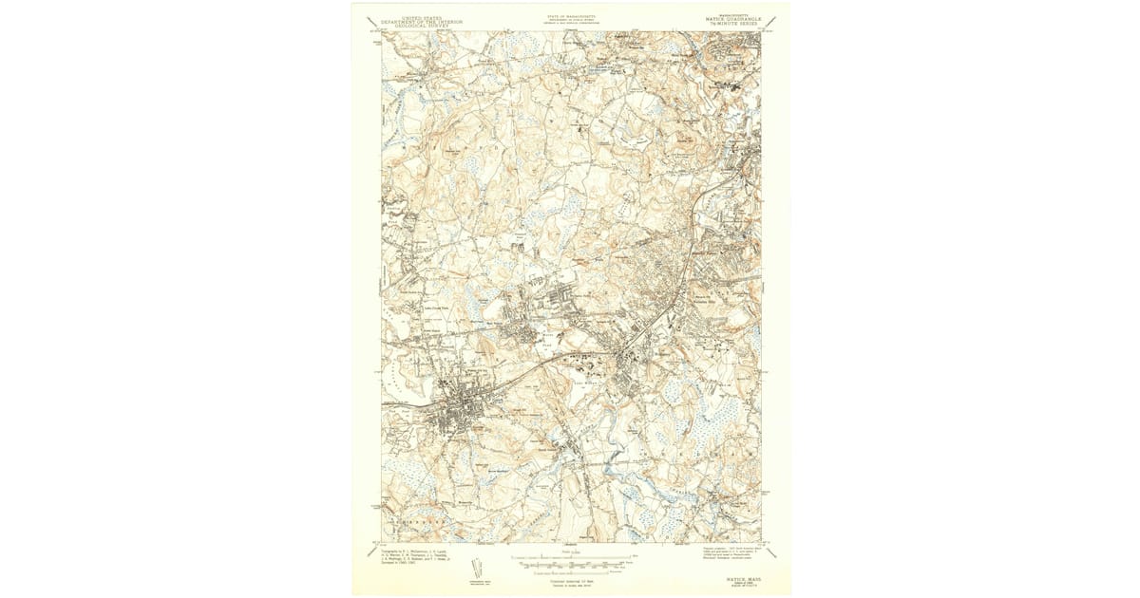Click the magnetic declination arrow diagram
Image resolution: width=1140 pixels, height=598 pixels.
(x=476, y=568)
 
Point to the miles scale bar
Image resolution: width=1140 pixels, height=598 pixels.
(x=571, y=557)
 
